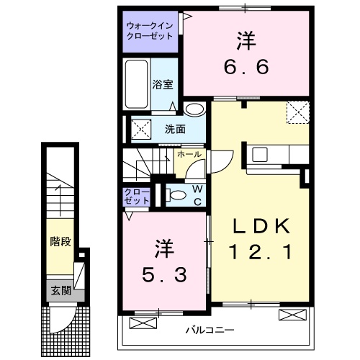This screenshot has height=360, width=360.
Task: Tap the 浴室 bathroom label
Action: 162,84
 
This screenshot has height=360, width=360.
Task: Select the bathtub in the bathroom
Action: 137,85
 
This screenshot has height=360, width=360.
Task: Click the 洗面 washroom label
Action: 175,130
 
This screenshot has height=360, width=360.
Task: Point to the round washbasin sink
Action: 193,109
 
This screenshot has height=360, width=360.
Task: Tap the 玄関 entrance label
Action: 60,291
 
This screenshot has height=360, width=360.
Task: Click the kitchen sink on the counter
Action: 259,154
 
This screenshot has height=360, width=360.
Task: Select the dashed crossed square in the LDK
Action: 296,113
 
